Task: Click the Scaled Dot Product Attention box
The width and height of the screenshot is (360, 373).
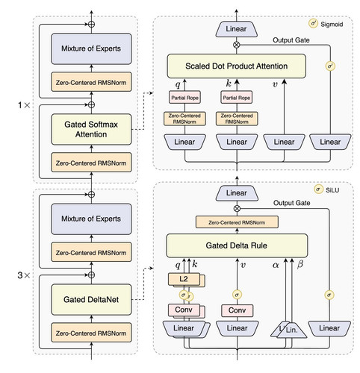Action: [x=236, y=66]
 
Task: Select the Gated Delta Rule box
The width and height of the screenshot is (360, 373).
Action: [x=237, y=245]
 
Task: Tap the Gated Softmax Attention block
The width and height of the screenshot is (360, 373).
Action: [x=91, y=129]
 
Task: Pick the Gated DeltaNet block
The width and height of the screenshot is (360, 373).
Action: [x=91, y=299]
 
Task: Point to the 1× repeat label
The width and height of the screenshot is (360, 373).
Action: [x=24, y=105]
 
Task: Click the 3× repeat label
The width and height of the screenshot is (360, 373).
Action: [x=24, y=275]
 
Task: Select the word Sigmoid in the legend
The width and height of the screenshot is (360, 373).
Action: [x=332, y=25]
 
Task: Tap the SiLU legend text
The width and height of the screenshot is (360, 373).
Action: [x=332, y=190]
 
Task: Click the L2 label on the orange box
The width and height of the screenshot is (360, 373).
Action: [x=184, y=279]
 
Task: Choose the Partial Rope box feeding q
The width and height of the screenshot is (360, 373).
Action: [x=184, y=97]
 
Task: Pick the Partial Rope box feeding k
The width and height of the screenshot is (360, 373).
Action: [x=237, y=97]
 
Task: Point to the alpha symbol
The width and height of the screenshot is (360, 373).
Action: [x=276, y=265]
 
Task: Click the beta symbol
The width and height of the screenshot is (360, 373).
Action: [x=300, y=264]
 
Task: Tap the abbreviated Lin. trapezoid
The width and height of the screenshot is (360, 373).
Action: [x=292, y=330]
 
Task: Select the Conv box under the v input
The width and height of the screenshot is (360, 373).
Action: [x=237, y=310]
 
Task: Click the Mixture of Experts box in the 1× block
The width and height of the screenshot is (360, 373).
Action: [x=91, y=48]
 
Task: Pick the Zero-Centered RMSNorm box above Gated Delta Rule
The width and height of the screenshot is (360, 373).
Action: [x=237, y=222]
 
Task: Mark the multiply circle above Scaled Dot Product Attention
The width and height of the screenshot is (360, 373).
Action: [x=236, y=45]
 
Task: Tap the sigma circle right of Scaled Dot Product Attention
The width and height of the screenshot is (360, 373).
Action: [x=330, y=66]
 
